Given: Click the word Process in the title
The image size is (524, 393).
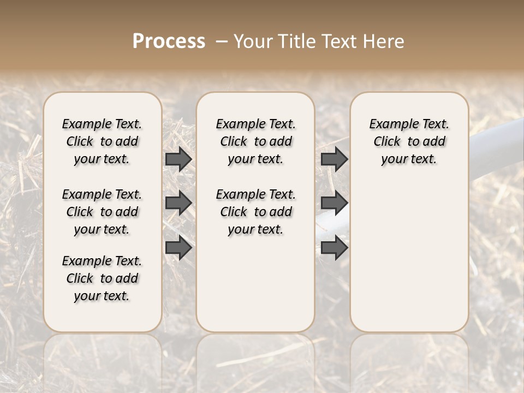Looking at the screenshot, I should [169, 41].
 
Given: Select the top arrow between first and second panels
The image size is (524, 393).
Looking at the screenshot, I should [178, 159].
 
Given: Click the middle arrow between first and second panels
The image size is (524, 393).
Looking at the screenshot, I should [178, 203].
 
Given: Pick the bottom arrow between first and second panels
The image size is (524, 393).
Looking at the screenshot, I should [178, 248].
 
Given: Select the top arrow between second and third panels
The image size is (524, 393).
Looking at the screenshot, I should [334, 159].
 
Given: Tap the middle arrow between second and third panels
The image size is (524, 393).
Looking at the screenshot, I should [334, 203].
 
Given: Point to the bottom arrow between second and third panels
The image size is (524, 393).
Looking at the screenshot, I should [334, 248].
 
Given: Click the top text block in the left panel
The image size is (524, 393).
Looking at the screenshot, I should [102, 141].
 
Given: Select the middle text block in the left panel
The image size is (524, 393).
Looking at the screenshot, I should [102, 212].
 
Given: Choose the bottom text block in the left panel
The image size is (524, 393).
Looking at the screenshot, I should [102, 278].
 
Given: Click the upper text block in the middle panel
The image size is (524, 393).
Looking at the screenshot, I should [255, 141].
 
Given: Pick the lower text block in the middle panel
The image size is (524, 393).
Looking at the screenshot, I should [255, 212].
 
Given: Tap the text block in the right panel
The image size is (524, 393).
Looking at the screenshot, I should [409, 141].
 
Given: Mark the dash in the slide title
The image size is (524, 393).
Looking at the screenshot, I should [222, 41].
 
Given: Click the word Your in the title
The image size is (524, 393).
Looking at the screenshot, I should [253, 41].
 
